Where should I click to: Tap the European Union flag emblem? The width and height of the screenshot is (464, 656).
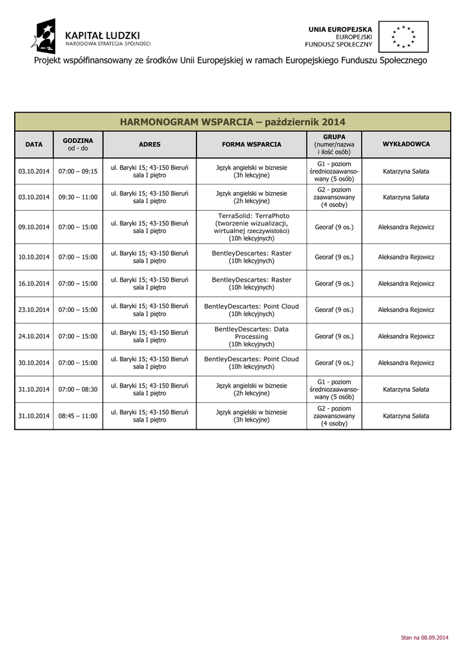[x=403, y=36]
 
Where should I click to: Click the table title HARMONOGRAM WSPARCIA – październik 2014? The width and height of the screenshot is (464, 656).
[x=232, y=121]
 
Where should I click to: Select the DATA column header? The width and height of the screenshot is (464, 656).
[x=34, y=145]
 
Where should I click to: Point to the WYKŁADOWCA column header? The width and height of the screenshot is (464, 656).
[x=406, y=145]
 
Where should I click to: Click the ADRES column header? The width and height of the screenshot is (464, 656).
[x=149, y=145]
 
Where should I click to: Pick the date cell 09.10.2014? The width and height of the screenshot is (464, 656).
[x=34, y=227]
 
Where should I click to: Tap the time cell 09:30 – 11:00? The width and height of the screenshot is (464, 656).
[x=78, y=197]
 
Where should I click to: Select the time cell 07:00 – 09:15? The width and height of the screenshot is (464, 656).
[x=78, y=172]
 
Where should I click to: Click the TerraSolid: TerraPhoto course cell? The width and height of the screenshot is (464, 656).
[x=252, y=227]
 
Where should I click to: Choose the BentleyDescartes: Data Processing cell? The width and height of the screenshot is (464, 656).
[x=252, y=336]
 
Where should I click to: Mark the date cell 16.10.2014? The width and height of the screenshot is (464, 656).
[x=34, y=283]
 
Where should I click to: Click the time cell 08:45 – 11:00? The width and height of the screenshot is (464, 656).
[x=78, y=416]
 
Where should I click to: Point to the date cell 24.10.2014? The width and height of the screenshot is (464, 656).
[x=34, y=336]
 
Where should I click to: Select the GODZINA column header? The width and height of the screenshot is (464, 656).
[x=78, y=144]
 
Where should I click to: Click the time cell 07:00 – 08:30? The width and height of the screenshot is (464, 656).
[x=78, y=389]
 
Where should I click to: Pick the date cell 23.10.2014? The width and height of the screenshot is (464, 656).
[x=34, y=309]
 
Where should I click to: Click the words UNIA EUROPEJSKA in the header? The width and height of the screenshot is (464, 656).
[x=340, y=29]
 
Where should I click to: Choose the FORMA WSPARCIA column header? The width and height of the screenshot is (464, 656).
[x=252, y=145]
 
